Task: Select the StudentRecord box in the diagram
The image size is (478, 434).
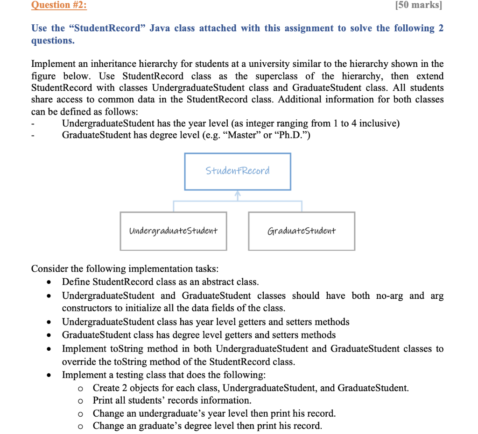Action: click(238, 171)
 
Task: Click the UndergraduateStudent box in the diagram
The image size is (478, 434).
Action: click(173, 231)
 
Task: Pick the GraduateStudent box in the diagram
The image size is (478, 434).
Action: click(302, 231)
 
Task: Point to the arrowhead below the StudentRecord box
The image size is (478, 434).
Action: click(238, 194)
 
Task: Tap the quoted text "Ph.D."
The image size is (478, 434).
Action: click(290, 136)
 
